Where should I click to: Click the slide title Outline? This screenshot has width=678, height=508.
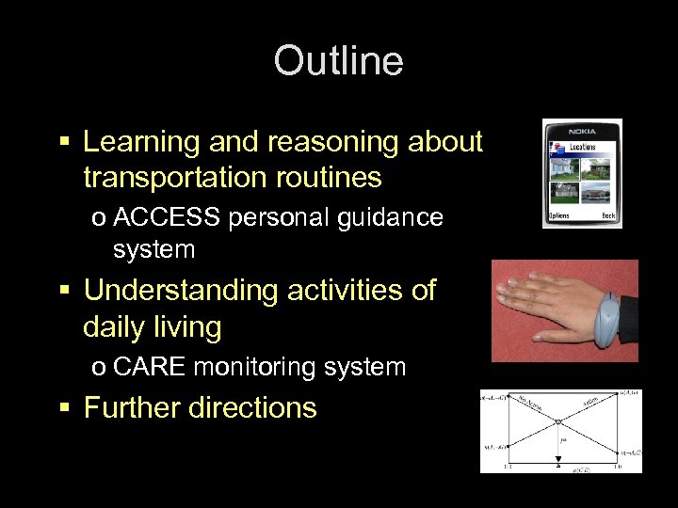(x=338, y=62)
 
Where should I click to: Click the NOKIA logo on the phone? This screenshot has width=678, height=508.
(x=582, y=130)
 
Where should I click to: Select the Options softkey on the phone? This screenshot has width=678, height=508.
(x=559, y=215)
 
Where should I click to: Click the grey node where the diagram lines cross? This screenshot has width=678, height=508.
(x=558, y=422)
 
